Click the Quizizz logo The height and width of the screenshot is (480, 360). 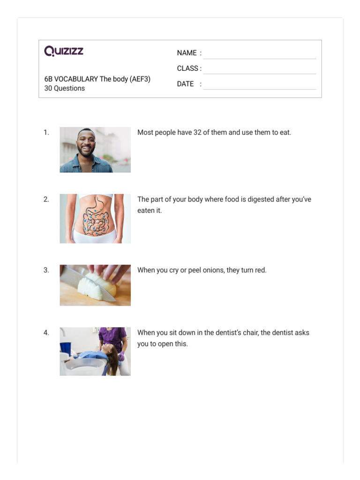coord(64,51)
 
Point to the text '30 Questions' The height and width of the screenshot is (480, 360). coord(65,88)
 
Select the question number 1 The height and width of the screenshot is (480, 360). coord(46,133)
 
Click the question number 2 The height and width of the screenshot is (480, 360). coord(46,199)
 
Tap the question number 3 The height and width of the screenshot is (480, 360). coord(46,270)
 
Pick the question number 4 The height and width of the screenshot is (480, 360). coord(46,333)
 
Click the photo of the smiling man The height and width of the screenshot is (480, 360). coord(95,150)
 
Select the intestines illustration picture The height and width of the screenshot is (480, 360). coord(95,218)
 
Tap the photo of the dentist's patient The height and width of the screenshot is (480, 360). coord(95,351)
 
